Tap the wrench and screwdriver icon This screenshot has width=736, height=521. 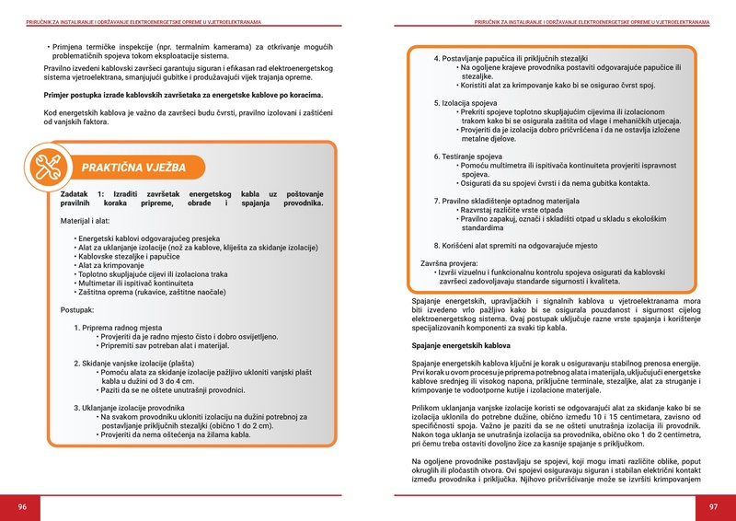pyautogui.click(x=46, y=167)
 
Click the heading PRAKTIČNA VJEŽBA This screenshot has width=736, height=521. pyautogui.click(x=133, y=168)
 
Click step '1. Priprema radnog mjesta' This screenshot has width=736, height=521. pyautogui.click(x=122, y=328)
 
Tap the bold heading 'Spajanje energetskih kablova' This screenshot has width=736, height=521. pyautogui.click(x=460, y=345)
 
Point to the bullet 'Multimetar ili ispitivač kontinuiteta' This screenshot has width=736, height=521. pyautogui.click(x=146, y=284)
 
